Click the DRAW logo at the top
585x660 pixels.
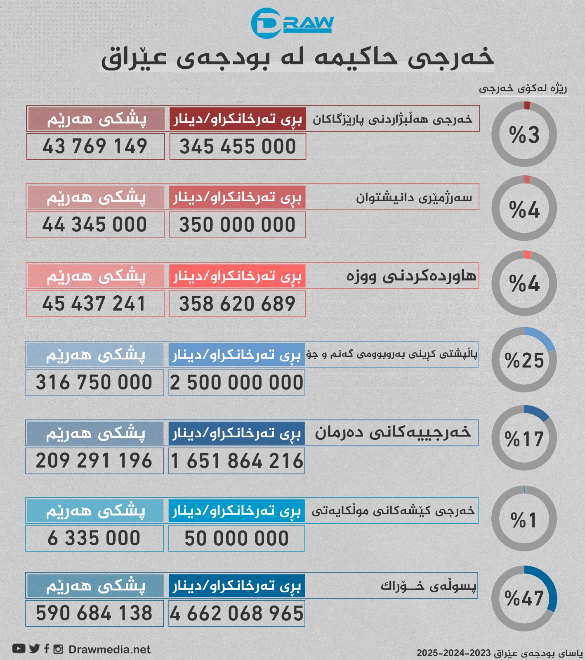292,23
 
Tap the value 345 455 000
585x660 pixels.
238,146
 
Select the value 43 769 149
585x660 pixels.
95,146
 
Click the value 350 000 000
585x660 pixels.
237,225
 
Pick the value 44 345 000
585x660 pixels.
95,225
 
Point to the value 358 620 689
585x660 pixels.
237,304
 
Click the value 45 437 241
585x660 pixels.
94,304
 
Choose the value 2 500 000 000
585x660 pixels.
237,383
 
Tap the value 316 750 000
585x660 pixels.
94,382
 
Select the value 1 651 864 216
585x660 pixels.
237,461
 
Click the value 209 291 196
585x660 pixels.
94,461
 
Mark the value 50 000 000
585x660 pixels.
237,539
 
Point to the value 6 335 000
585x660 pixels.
94,538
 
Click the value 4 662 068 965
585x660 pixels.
237,614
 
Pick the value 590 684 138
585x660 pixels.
94,613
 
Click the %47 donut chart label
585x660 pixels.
524,598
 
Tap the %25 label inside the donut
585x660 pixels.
524,361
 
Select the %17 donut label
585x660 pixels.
524,439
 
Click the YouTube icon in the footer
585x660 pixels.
19,649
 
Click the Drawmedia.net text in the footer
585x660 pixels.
109,650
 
